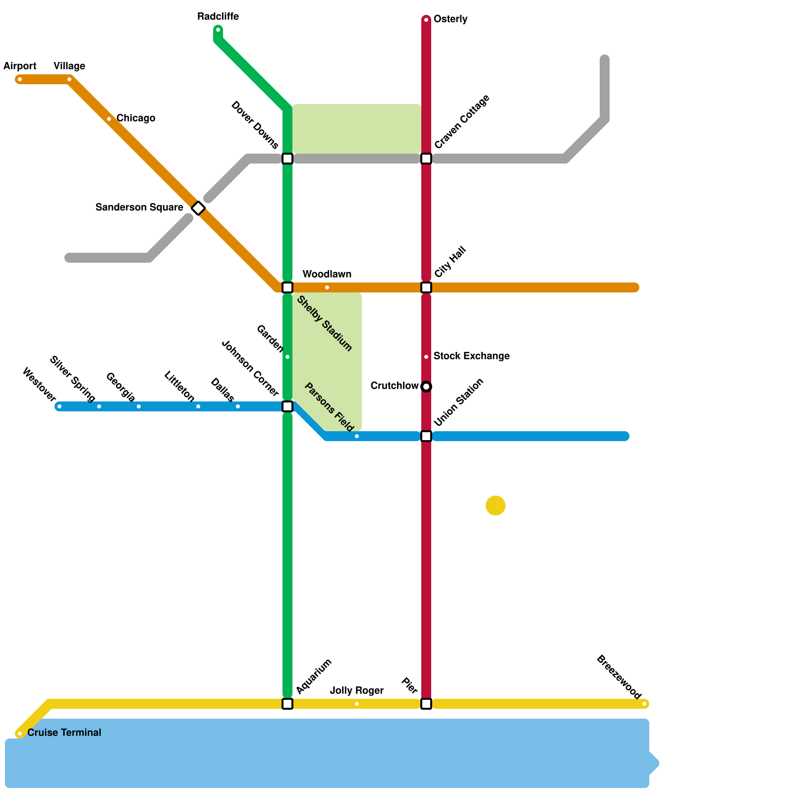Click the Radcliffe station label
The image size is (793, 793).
point(218,17)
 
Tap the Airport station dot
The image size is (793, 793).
point(20,79)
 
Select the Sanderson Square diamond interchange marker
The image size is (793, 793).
point(198,208)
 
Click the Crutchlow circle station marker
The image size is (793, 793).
point(426,387)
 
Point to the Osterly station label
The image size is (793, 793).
point(450,19)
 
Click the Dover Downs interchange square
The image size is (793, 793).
point(287,159)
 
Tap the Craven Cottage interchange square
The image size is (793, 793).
point(426,159)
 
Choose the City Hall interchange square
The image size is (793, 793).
point(426,287)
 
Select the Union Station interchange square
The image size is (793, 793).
point(426,436)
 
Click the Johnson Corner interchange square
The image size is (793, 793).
point(287,406)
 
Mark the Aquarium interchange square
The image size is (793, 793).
point(287,704)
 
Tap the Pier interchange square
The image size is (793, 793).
point(426,704)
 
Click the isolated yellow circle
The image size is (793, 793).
point(496,506)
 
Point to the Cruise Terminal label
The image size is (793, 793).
point(64,733)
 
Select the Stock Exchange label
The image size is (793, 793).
point(471,356)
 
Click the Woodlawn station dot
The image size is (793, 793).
point(327,287)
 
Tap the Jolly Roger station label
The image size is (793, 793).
point(356,691)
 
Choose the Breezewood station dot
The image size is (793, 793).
point(644,704)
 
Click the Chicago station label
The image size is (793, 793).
point(135,118)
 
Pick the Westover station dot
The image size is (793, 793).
point(59,407)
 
